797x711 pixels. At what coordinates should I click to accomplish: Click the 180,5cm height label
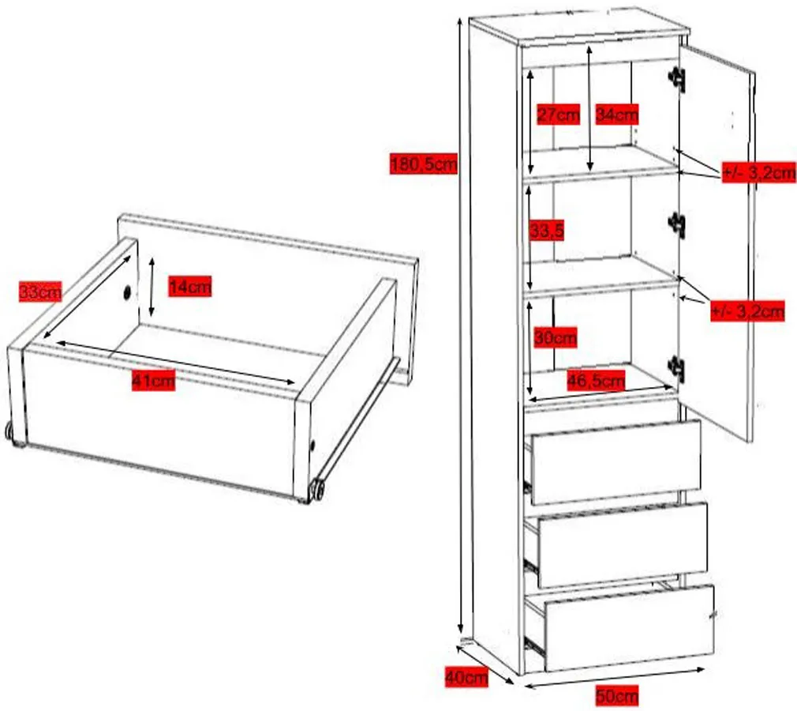(x=424, y=164)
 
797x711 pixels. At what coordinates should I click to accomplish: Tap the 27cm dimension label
(x=558, y=115)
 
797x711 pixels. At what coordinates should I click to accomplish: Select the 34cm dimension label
(x=616, y=115)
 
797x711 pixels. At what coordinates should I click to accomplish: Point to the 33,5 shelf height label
(x=546, y=231)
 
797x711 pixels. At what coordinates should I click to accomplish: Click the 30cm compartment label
(x=555, y=337)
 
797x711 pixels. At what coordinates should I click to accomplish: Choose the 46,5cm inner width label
(x=596, y=380)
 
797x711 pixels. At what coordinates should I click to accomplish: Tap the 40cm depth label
(x=466, y=677)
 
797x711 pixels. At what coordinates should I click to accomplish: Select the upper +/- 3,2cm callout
(x=759, y=172)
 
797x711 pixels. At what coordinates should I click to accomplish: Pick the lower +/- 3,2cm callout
(x=747, y=310)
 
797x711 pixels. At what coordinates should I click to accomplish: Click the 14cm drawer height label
(x=189, y=287)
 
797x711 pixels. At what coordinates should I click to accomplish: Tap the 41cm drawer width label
(x=153, y=380)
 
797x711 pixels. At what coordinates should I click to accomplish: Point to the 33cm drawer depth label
(x=40, y=292)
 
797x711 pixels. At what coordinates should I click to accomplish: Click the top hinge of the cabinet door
(x=677, y=78)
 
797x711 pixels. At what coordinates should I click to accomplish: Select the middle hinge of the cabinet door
(x=677, y=223)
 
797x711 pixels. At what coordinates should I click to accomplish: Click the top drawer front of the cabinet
(x=616, y=462)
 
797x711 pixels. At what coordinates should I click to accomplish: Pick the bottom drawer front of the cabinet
(x=629, y=628)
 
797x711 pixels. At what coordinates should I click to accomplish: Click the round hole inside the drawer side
(x=126, y=292)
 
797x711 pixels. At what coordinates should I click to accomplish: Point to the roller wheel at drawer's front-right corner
(x=318, y=488)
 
